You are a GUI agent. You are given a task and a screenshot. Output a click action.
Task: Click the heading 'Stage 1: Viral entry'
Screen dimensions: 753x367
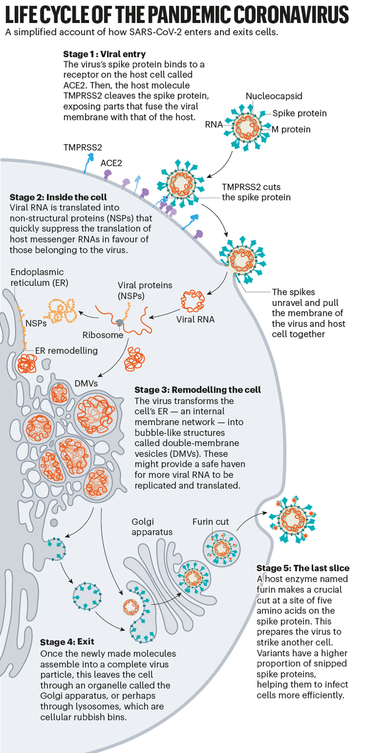point(104,54)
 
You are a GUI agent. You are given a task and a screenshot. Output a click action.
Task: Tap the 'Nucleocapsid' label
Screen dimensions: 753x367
point(274,96)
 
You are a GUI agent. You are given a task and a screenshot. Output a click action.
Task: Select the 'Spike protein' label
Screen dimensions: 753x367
point(299,113)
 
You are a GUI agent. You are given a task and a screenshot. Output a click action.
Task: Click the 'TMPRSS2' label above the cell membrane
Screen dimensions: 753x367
point(82,148)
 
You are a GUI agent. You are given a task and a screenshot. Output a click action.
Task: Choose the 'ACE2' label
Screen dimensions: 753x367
point(111,163)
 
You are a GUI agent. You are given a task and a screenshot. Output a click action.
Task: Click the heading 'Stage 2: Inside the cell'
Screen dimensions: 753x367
point(58,197)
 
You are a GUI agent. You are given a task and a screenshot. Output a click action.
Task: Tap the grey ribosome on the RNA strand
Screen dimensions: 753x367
point(120,323)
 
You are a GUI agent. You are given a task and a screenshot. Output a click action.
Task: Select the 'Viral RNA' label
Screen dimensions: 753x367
point(195,319)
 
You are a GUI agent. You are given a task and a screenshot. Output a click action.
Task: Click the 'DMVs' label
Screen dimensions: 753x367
point(86,383)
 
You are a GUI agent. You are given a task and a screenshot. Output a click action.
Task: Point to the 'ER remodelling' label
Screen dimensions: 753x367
point(66,350)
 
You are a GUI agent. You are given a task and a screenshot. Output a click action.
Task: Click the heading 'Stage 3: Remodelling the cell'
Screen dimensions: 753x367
point(197,390)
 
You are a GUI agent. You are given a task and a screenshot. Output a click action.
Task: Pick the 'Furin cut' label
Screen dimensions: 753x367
point(211,522)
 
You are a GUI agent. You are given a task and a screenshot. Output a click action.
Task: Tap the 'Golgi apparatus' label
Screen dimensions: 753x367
point(152,527)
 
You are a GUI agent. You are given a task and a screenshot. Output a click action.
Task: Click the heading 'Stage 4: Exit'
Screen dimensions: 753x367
point(67,642)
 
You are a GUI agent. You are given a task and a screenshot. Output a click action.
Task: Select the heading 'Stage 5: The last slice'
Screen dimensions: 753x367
point(303,568)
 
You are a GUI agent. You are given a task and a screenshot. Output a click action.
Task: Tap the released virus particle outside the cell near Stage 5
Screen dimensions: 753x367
point(293,520)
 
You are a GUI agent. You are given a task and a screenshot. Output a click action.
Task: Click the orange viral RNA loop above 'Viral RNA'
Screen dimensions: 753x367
point(193,301)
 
